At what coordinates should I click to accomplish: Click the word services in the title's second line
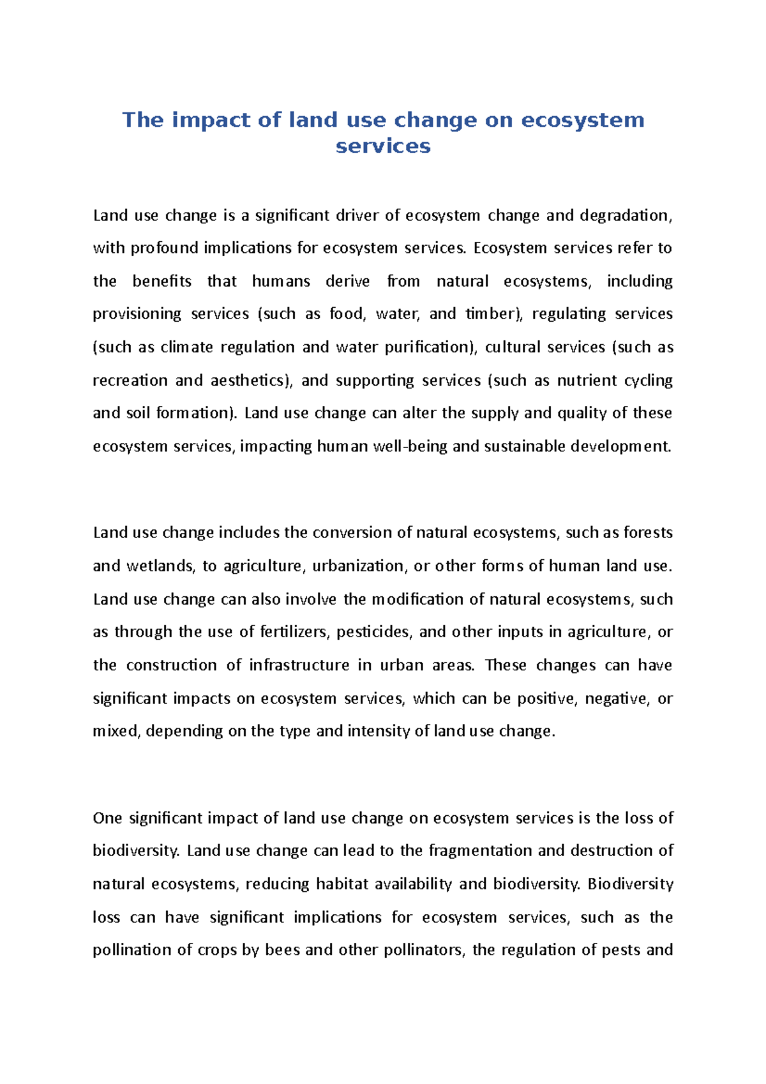(x=383, y=146)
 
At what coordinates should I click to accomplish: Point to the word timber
(x=492, y=314)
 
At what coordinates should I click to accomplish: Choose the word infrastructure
(x=299, y=665)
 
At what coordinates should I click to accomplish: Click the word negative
(x=615, y=698)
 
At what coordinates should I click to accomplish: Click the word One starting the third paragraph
(x=106, y=818)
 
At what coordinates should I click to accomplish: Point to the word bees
(x=282, y=950)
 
